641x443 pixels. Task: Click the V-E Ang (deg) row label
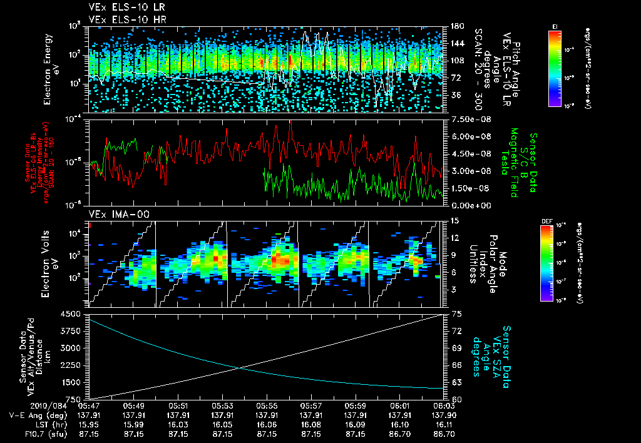click(x=34, y=415)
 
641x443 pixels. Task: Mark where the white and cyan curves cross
click(x=240, y=367)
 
